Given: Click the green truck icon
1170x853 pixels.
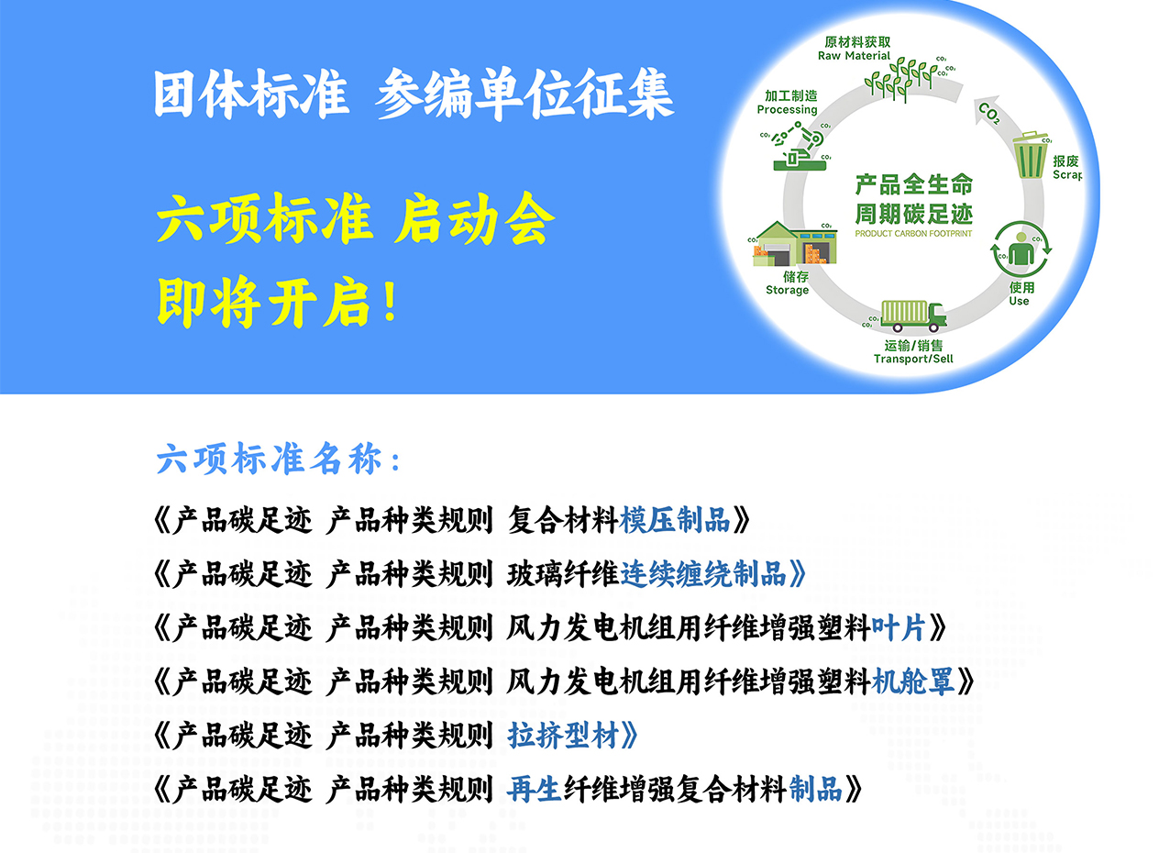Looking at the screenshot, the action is (x=913, y=316).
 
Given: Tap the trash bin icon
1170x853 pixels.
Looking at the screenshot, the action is (x=1030, y=156).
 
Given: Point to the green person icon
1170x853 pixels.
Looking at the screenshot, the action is (x=1021, y=249).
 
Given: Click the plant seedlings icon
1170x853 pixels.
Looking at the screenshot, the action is (x=900, y=80).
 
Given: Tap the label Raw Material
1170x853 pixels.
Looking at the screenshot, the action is (x=854, y=56).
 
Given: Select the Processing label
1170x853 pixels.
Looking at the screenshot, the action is (x=787, y=110).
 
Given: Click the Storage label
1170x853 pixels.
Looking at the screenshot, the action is (x=787, y=290).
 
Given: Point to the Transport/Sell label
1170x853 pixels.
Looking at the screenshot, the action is (x=913, y=359).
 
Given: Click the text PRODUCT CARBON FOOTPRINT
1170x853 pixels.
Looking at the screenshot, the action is (x=913, y=234).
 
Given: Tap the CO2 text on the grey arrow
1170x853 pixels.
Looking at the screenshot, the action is (x=989, y=114).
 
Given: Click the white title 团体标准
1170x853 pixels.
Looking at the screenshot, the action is (x=251, y=94).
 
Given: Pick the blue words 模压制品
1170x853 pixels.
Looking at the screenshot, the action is (x=675, y=520).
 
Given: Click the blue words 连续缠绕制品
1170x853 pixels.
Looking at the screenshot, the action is (x=703, y=574).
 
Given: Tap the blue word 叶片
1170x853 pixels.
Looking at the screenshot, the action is (x=899, y=627).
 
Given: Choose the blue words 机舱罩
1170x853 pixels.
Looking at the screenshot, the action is (x=913, y=681).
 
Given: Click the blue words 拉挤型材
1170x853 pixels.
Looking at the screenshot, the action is (x=563, y=735).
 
